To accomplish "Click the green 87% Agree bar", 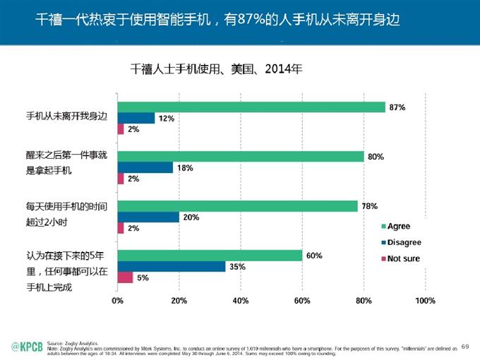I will (x=251, y=107).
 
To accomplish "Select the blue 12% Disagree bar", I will (x=136, y=118).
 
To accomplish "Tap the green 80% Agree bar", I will (x=240, y=157).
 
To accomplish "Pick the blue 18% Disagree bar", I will (x=145, y=167).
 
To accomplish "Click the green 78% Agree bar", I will (x=237, y=206).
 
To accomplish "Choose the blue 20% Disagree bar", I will (x=148, y=217).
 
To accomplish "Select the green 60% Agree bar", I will (x=210, y=256).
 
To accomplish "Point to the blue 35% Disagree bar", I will (x=171, y=266).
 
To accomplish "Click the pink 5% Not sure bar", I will (x=125, y=277).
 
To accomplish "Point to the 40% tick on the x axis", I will (x=240, y=301).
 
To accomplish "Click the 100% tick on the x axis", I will (x=425, y=301).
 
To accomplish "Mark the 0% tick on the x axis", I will (x=117, y=301).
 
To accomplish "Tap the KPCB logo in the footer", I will (x=26, y=345).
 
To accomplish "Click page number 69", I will (x=464, y=346).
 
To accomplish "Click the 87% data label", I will (x=397, y=107).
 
